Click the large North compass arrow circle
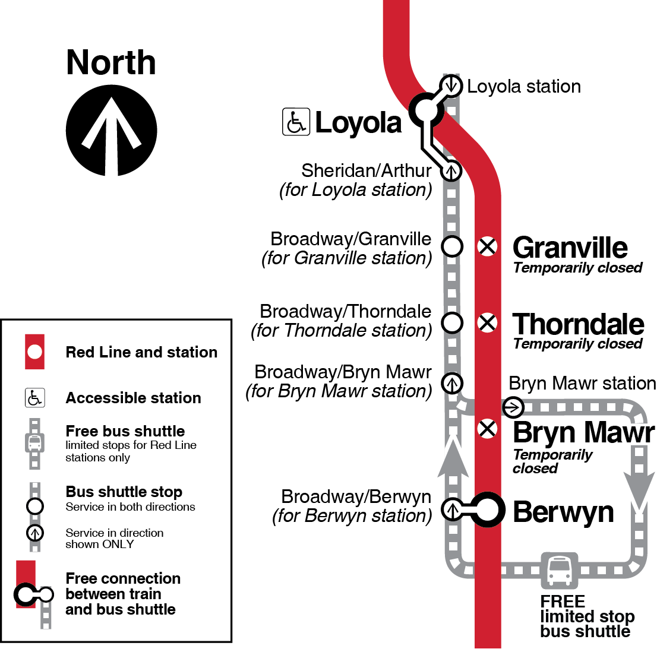pyautogui.click(x=112, y=130)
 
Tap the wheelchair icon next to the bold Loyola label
pyautogui.click(x=296, y=122)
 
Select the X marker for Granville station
pyautogui.click(x=488, y=246)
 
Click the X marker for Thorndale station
pyautogui.click(x=488, y=323)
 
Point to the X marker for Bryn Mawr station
pyautogui.click(x=488, y=428)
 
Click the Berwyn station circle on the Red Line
pyautogui.click(x=488, y=510)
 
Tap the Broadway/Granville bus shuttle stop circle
pyautogui.click(x=452, y=246)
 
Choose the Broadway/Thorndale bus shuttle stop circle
pyautogui.click(x=452, y=323)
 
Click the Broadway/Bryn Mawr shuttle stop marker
pyautogui.click(x=453, y=383)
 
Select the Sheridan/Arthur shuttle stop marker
pyautogui.click(x=451, y=171)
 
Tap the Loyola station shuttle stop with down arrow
pyautogui.click(x=451, y=85)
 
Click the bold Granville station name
pyautogui.click(x=570, y=248)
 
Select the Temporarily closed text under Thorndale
pyautogui.click(x=578, y=344)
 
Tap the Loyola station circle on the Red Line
pyautogui.click(x=426, y=109)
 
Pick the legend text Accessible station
pyautogui.click(x=134, y=398)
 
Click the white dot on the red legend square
pyautogui.click(x=35, y=352)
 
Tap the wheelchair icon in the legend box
pyautogui.click(x=35, y=398)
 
